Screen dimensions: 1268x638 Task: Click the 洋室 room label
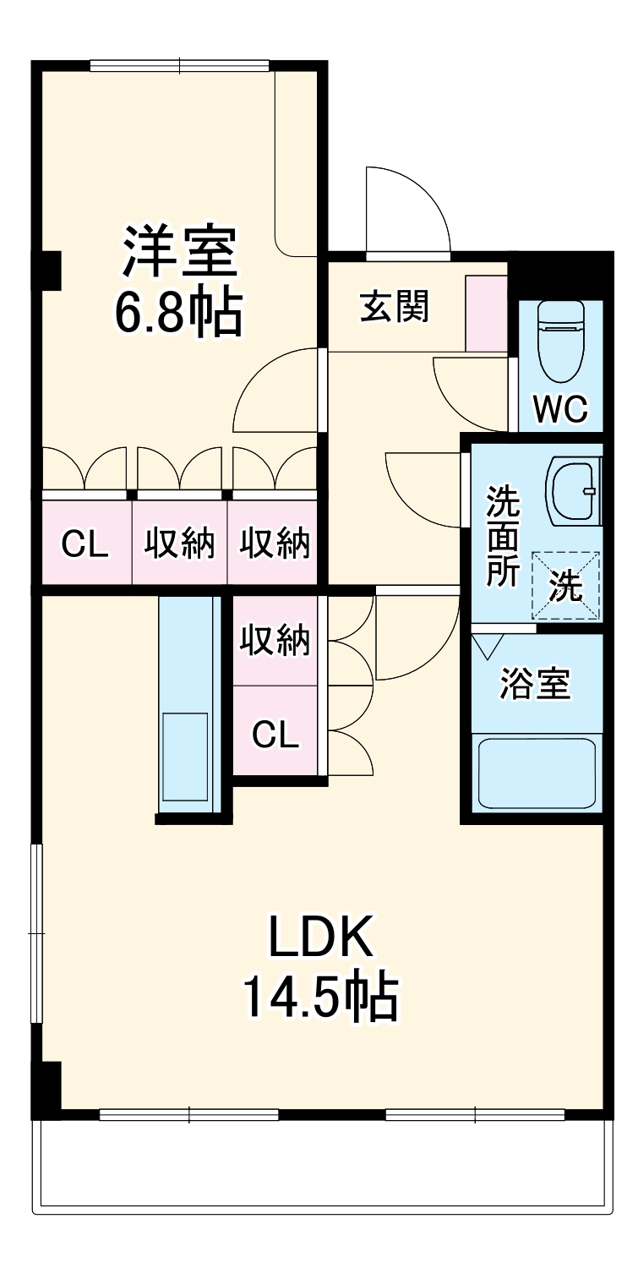(179, 251)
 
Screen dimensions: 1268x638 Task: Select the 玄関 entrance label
(395, 306)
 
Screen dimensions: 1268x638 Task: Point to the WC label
(560, 410)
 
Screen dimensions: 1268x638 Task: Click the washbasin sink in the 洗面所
(575, 490)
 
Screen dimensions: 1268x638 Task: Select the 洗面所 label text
(502, 538)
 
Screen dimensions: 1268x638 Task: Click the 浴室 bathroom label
(535, 684)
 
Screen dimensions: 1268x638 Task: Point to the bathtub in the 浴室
(537, 773)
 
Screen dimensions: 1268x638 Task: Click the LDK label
(320, 937)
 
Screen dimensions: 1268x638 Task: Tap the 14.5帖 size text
(320, 997)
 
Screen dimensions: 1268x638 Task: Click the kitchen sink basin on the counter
(185, 757)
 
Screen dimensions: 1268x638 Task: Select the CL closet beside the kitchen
(275, 735)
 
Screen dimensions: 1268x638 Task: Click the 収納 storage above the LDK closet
(275, 642)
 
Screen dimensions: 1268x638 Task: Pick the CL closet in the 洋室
(85, 544)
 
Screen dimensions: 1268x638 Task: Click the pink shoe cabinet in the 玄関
(487, 313)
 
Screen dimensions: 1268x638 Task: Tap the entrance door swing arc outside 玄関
(406, 209)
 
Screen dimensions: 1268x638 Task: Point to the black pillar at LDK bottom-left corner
(47, 1090)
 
